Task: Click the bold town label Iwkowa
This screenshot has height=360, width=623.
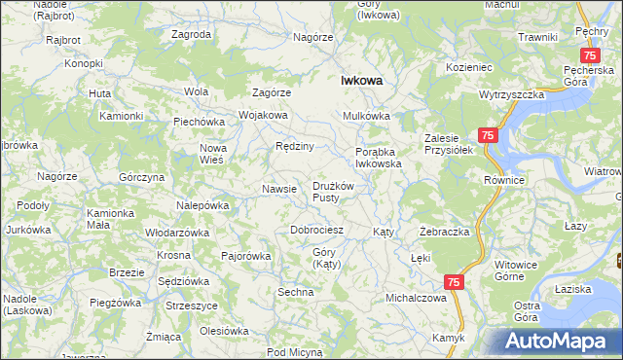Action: [359, 82]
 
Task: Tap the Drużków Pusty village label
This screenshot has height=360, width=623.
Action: [337, 192]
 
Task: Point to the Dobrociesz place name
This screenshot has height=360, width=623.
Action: [317, 230]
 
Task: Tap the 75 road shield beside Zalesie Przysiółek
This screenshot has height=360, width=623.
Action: [488, 137]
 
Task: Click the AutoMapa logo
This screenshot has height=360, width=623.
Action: [560, 341]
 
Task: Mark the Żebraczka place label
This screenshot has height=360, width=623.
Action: [445, 233]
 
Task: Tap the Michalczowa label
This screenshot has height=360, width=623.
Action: [416, 298]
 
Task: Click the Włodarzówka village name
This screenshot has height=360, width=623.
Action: [177, 234]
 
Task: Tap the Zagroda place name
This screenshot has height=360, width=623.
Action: [191, 34]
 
